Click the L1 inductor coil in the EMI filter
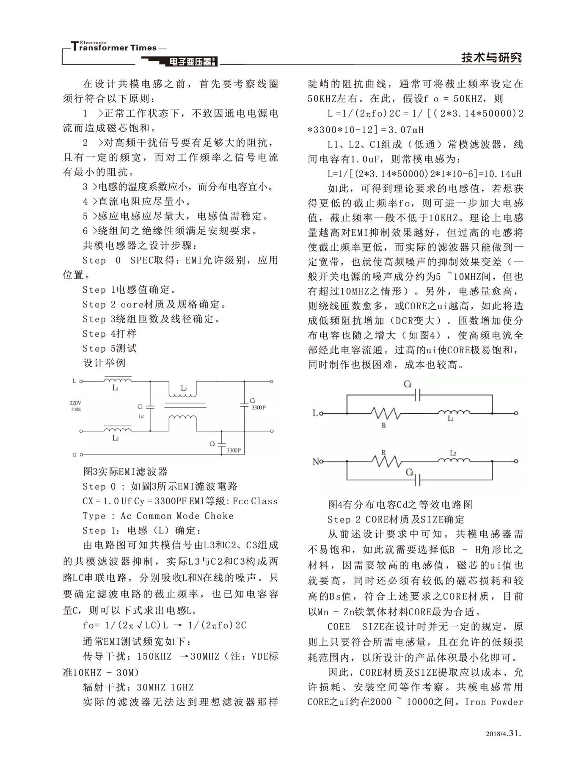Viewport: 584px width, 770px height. tap(117, 381)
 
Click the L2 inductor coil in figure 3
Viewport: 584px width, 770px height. tap(117, 430)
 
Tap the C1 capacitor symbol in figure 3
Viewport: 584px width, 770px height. tap(150, 407)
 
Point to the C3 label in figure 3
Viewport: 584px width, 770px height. tap(252, 400)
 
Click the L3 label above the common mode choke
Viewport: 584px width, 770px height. tap(184, 388)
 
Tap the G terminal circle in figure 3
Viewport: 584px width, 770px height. tap(81, 455)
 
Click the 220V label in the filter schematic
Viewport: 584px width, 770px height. tap(75, 403)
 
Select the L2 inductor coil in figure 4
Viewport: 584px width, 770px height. tap(453, 461)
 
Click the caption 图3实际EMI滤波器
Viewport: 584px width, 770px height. tap(125, 471)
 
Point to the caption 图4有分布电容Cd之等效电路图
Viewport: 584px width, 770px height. tap(400, 504)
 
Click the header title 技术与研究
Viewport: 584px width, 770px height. tap(491, 58)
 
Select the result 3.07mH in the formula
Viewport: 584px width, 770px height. tap(405, 130)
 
